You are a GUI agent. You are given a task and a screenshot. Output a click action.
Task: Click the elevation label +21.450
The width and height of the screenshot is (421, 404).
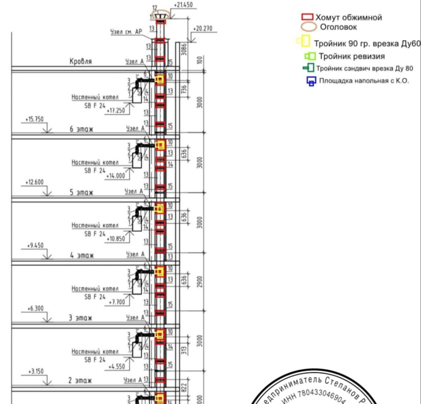[x=183, y=5]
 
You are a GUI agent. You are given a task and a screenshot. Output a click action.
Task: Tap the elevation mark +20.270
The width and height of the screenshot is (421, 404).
[x=203, y=29]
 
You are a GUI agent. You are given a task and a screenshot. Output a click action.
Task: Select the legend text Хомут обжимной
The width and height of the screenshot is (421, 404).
[x=348, y=17]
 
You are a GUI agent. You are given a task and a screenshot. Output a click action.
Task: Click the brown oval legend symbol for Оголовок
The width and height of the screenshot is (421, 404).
[x=309, y=27]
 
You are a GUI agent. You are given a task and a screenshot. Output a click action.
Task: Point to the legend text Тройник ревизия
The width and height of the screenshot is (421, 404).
[x=352, y=56]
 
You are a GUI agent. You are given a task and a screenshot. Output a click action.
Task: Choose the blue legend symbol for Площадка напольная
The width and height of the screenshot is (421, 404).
[x=311, y=81]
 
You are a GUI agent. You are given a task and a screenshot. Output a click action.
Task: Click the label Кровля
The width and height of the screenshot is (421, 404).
[x=81, y=61]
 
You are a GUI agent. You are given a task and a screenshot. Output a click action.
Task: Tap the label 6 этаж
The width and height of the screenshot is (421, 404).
[x=81, y=129]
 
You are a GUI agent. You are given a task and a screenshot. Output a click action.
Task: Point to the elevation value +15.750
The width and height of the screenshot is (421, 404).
[x=34, y=119]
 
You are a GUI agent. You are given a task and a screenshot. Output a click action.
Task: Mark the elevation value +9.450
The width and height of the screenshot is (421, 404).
[x=35, y=245]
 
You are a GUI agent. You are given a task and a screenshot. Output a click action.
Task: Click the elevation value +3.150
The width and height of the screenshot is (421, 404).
[x=36, y=371]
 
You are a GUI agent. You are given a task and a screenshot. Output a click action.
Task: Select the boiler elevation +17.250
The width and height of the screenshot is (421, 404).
[x=116, y=111]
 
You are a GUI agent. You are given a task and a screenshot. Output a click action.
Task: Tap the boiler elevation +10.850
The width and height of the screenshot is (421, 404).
[x=116, y=239]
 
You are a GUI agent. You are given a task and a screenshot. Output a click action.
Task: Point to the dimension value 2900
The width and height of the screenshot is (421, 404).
[x=199, y=281]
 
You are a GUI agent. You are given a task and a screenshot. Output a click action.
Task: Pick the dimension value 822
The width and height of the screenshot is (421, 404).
[x=184, y=387]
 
